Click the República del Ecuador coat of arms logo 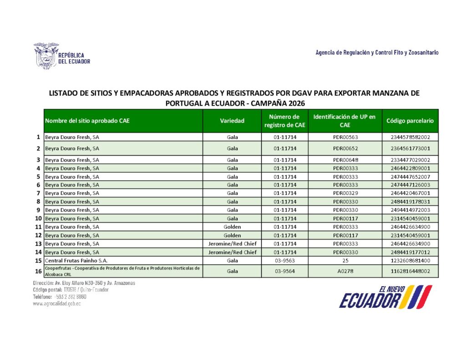[46, 56]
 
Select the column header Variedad [232, 121]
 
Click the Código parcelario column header [410, 121]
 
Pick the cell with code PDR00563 [344, 137]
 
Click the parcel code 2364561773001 [410, 148]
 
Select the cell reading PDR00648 [344, 160]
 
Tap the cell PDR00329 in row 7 [344, 193]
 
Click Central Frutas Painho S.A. [73, 261]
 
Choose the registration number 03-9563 [285, 261]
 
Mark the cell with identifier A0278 [344, 271]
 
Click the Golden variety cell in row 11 [232, 227]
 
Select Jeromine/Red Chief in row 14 [232, 252]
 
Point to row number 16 [38, 271]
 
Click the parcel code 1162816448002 [410, 271]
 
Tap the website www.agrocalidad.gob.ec [56, 304]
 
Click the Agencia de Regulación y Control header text [377, 53]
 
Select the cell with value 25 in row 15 [344, 261]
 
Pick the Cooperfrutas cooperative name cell [122, 271]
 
